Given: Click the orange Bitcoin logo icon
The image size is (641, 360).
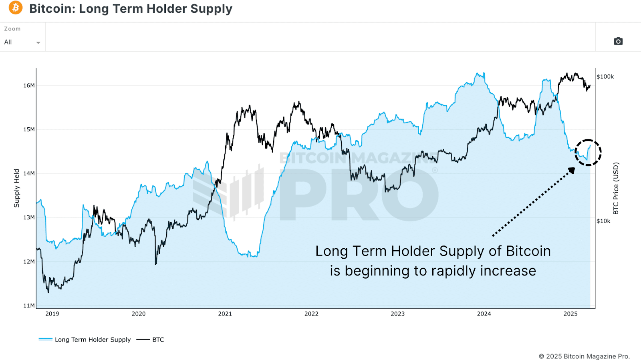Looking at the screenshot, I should point(16,8).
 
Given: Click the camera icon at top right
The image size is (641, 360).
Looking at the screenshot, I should point(618,41).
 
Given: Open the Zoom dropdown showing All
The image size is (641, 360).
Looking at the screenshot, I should point(22,42).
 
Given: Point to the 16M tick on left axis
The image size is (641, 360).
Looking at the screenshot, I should point(29,85).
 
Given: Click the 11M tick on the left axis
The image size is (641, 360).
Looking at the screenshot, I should point(29,306).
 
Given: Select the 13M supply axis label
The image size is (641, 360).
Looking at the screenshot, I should point(29,217).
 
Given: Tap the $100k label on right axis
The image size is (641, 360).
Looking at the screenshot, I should point(605,76).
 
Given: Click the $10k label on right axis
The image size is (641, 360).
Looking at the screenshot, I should point(603,221).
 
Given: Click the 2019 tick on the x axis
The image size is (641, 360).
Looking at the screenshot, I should point(52,314).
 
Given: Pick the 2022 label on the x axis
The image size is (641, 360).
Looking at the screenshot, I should point(311,314).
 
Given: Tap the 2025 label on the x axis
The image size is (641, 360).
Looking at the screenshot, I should point(570,314).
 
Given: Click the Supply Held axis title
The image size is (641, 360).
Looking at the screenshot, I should point(17,188).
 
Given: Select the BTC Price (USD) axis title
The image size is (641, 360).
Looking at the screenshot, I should point(616,188).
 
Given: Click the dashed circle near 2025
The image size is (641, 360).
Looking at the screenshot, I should point(588,152).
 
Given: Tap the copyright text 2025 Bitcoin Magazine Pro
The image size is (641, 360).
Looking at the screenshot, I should point(584,356).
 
